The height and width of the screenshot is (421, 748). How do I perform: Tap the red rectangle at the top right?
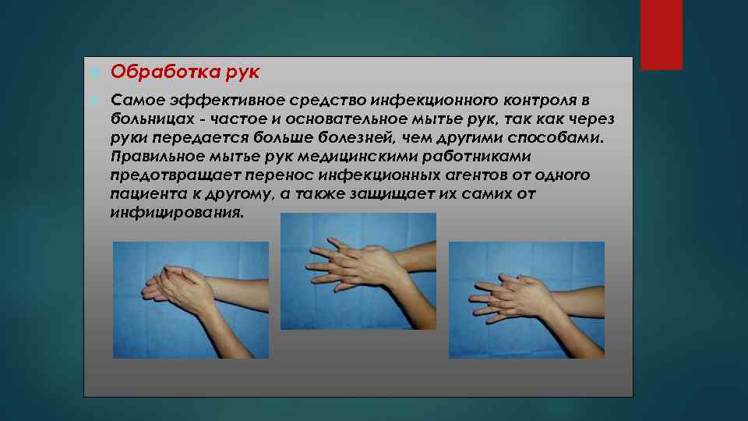click(661, 34)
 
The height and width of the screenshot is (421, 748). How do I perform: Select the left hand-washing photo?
click(191, 300)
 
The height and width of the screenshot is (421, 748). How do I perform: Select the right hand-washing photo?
click(527, 300)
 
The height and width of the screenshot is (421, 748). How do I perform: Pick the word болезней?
click(386, 138)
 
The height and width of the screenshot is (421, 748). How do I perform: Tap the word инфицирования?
click(177, 212)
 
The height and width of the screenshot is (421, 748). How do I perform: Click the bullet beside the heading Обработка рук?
click(92, 73)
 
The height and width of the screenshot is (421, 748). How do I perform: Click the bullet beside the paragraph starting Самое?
click(92, 101)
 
